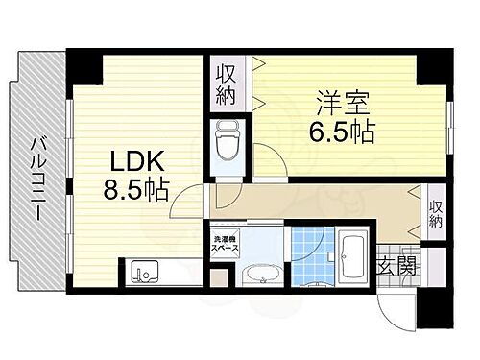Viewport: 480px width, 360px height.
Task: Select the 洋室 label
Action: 341,99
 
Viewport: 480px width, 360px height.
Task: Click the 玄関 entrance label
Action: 396,265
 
